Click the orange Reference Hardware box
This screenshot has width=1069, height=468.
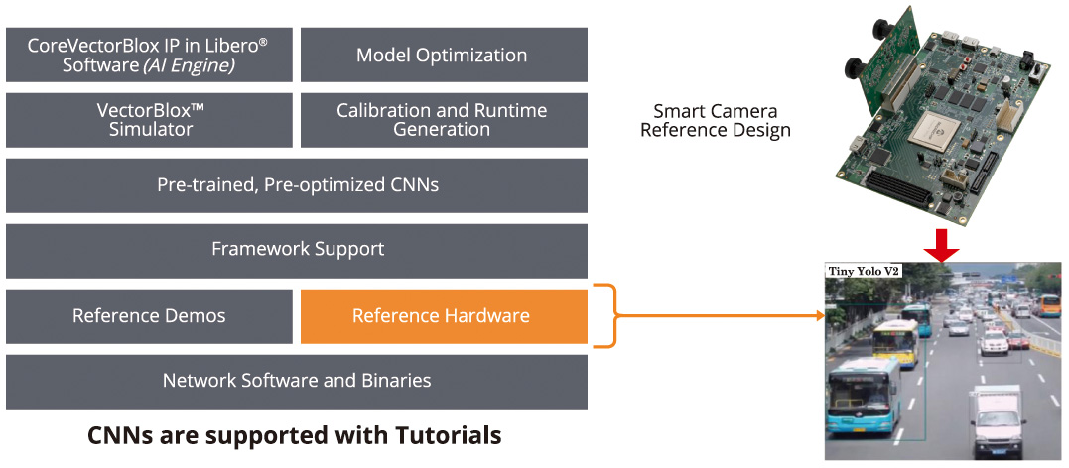point(441,316)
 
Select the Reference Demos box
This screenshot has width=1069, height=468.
point(149,316)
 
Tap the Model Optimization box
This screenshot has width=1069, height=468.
point(442,55)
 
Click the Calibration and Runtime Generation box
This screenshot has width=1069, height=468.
point(442,119)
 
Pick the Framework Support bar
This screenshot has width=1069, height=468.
point(297,249)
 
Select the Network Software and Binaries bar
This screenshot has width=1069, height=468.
point(297,380)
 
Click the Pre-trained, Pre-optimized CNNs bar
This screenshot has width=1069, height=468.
point(297,184)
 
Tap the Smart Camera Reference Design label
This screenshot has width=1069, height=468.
point(715,120)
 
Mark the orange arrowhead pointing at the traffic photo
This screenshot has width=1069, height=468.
point(820,316)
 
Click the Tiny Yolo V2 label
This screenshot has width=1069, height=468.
point(863,271)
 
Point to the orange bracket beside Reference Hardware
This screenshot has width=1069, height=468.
point(606,316)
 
